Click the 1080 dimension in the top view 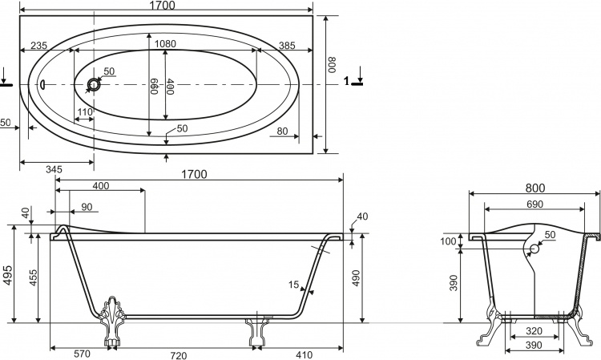[x=165, y=44]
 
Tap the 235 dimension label [x=38, y=46]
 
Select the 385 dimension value [x=287, y=46]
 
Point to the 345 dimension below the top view [x=54, y=169]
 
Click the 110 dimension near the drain [x=85, y=112]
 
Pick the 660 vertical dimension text [x=154, y=87]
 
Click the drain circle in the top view [x=93, y=84]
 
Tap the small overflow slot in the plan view [x=42, y=83]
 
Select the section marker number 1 [x=347, y=81]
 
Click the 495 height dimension [x=9, y=274]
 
